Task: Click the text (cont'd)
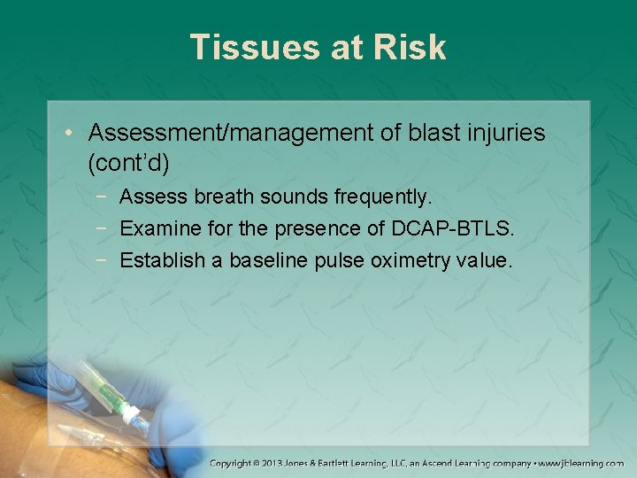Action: [129, 163]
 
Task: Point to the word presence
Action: [322, 228]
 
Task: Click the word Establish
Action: [162, 261]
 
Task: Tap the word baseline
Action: [265, 261]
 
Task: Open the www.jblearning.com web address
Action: [579, 463]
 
